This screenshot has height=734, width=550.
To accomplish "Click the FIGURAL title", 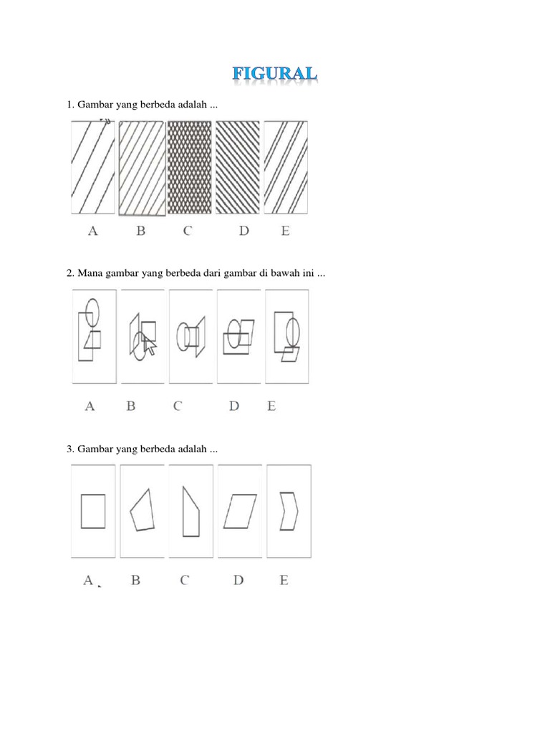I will point(275,75).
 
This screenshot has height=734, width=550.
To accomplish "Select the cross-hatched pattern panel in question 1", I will point(190,167).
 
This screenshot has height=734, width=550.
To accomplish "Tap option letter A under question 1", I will point(92,231).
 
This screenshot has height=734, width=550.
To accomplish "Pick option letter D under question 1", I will point(244,231).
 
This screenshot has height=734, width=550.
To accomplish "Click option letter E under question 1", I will point(286,231).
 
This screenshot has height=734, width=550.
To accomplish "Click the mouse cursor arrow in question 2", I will point(150,345).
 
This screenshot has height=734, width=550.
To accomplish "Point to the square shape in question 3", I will point(93,510).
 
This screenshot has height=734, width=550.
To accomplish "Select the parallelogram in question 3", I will point(240,510).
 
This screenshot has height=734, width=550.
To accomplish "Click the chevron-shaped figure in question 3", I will point(289,510).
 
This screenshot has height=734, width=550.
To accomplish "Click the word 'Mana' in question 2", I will point(90,273).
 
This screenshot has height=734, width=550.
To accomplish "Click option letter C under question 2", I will point(177,406).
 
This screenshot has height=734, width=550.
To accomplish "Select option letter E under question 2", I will point(271,406).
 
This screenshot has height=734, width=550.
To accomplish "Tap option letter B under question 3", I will point(135,581).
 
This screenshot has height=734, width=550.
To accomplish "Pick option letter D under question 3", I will point(238,581).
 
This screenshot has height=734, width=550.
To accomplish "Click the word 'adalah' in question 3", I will point(189,449).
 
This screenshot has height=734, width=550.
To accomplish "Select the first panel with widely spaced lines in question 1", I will point(93,167).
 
